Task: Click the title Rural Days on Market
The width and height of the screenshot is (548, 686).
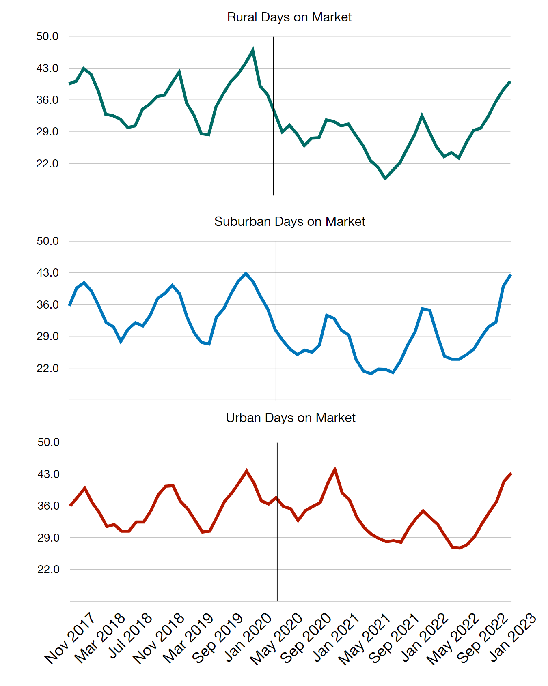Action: click(289, 17)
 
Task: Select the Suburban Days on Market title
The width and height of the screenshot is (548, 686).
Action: click(289, 222)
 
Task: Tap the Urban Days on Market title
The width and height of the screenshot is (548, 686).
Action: click(290, 418)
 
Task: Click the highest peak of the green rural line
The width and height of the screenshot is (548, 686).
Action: click(253, 50)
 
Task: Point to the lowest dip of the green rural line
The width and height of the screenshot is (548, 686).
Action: click(385, 178)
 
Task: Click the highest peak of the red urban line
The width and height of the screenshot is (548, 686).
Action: click(334, 469)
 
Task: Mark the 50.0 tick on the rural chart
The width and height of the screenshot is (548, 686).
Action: click(47, 36)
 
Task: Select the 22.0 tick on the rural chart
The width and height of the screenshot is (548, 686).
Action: click(47, 164)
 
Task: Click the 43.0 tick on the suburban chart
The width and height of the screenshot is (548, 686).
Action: click(48, 273)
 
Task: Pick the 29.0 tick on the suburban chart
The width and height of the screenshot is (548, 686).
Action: click(48, 337)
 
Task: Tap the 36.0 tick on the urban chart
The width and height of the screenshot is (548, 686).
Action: click(49, 506)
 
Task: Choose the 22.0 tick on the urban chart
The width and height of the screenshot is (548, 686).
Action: click(49, 570)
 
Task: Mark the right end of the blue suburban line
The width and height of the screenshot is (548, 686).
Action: click(510, 275)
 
